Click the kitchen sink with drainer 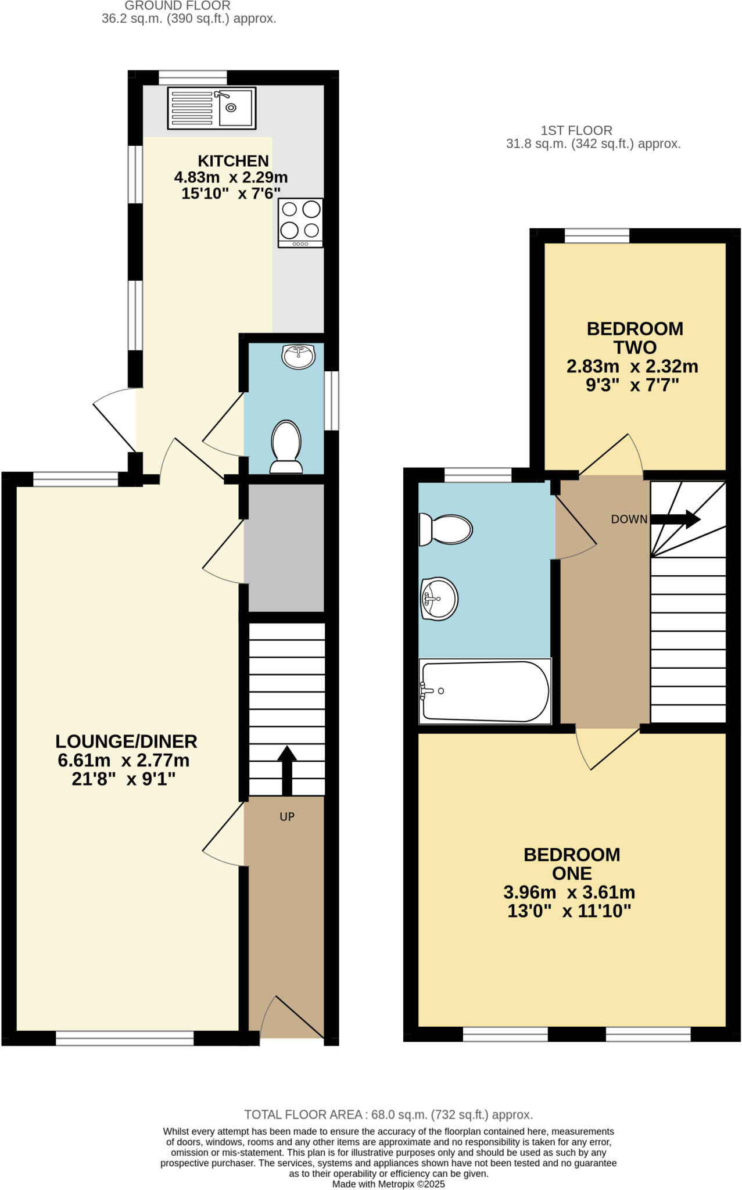pyautogui.click(x=212, y=108)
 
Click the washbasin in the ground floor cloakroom pyautogui.click(x=299, y=356)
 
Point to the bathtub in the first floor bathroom pyautogui.click(x=484, y=691)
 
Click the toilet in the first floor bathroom pyautogui.click(x=446, y=529)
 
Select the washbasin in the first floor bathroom pyautogui.click(x=439, y=598)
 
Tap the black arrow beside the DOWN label pyautogui.click(x=675, y=519)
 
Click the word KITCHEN pyautogui.click(x=233, y=161)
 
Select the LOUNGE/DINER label pyautogui.click(x=126, y=741)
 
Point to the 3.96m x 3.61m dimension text pyautogui.click(x=569, y=892)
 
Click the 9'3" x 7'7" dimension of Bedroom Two pyautogui.click(x=632, y=385)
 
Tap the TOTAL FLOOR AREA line pyautogui.click(x=388, y=1114)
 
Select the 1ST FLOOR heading pyautogui.click(x=576, y=131)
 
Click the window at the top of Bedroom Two pyautogui.click(x=597, y=235)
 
